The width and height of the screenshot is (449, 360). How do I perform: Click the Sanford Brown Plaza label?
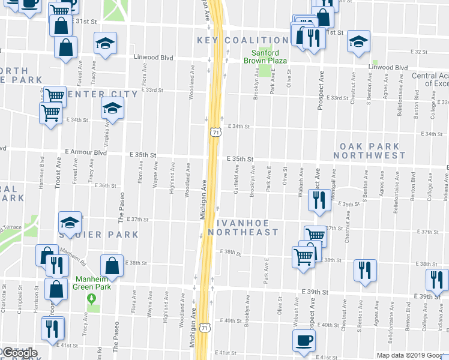(265, 56)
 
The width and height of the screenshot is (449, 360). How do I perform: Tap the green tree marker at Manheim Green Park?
(91, 298)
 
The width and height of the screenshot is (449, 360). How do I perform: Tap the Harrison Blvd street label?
(42, 171)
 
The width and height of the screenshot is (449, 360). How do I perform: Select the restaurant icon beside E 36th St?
(318, 199)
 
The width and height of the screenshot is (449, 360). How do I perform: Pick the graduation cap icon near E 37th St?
(70, 223)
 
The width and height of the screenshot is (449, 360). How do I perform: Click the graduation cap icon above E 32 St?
(358, 41)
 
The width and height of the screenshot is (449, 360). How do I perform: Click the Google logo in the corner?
(19, 353)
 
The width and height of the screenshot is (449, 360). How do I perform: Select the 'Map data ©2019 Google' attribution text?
(411, 355)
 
